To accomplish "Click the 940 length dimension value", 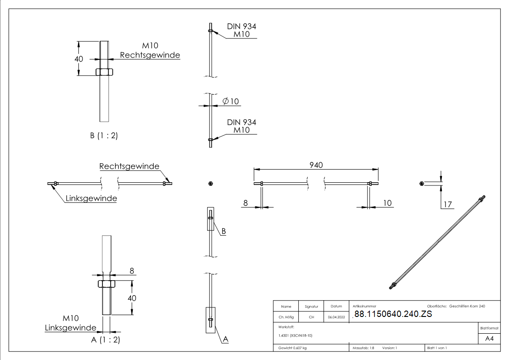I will click(x=316, y=165).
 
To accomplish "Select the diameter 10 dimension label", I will click(x=231, y=101).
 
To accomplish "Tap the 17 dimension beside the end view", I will click(x=448, y=204).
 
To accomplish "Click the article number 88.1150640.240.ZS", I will click(x=393, y=314).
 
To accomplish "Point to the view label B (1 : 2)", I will click(x=104, y=135).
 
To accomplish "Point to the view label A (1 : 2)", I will click(x=106, y=340).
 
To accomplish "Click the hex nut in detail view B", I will click(x=104, y=72).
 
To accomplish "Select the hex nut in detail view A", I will click(x=106, y=283).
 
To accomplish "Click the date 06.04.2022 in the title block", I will click(x=336, y=317).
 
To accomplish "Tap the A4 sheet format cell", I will click(x=490, y=339).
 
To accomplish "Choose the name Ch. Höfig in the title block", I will click(x=286, y=317).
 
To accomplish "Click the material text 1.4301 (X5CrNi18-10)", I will click(x=296, y=336).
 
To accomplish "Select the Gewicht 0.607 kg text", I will click(x=293, y=348).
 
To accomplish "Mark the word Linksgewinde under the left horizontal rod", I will click(x=91, y=198).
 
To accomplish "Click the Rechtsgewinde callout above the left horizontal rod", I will click(x=129, y=166).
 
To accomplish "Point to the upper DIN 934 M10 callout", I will click(x=241, y=30).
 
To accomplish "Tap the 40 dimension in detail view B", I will click(x=79, y=59).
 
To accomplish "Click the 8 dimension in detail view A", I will click(x=132, y=271).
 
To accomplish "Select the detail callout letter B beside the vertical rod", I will click(x=223, y=231).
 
